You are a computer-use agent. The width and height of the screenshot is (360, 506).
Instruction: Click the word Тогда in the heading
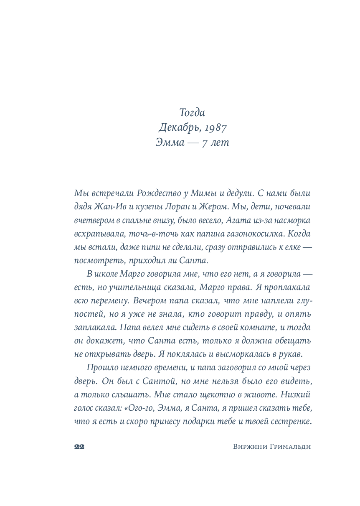(x=192, y=112)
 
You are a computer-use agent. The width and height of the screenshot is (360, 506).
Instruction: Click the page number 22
(x=79, y=447)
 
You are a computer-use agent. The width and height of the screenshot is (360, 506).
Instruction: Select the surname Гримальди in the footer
(x=290, y=447)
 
